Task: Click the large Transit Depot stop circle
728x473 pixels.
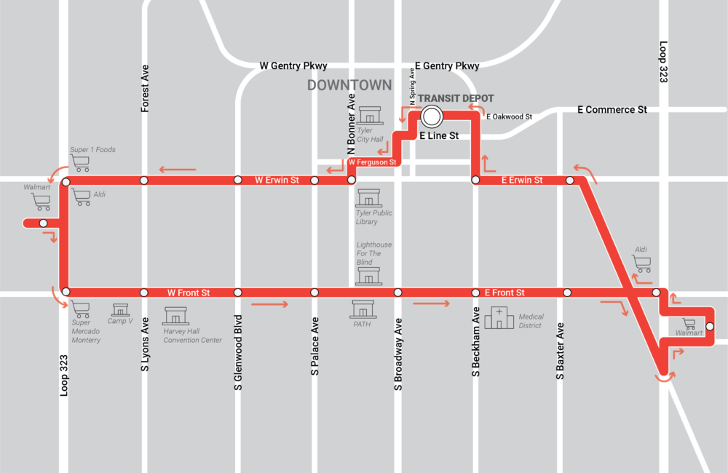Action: (431, 116)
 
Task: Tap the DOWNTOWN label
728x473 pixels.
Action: (349, 85)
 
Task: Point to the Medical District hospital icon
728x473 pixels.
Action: (499, 317)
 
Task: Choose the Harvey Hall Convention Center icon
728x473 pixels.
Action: (175, 316)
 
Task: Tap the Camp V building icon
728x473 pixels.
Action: (120, 309)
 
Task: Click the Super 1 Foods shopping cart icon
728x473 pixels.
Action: (80, 162)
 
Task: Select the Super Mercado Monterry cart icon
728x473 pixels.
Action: (80, 309)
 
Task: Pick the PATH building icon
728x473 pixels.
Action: (363, 309)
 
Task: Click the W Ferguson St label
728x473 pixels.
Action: (371, 162)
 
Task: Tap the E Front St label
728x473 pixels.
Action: (505, 293)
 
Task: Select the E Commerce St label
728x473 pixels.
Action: (612, 109)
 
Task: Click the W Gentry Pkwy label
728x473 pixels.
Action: (293, 65)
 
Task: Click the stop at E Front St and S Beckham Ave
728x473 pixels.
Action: (475, 293)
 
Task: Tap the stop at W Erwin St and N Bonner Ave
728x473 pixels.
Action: (351, 180)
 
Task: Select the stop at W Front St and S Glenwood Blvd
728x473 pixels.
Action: (237, 293)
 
